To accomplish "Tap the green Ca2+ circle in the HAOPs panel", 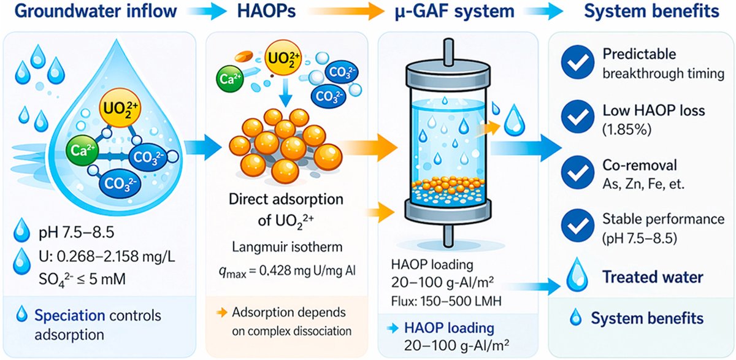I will coord(226,78).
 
